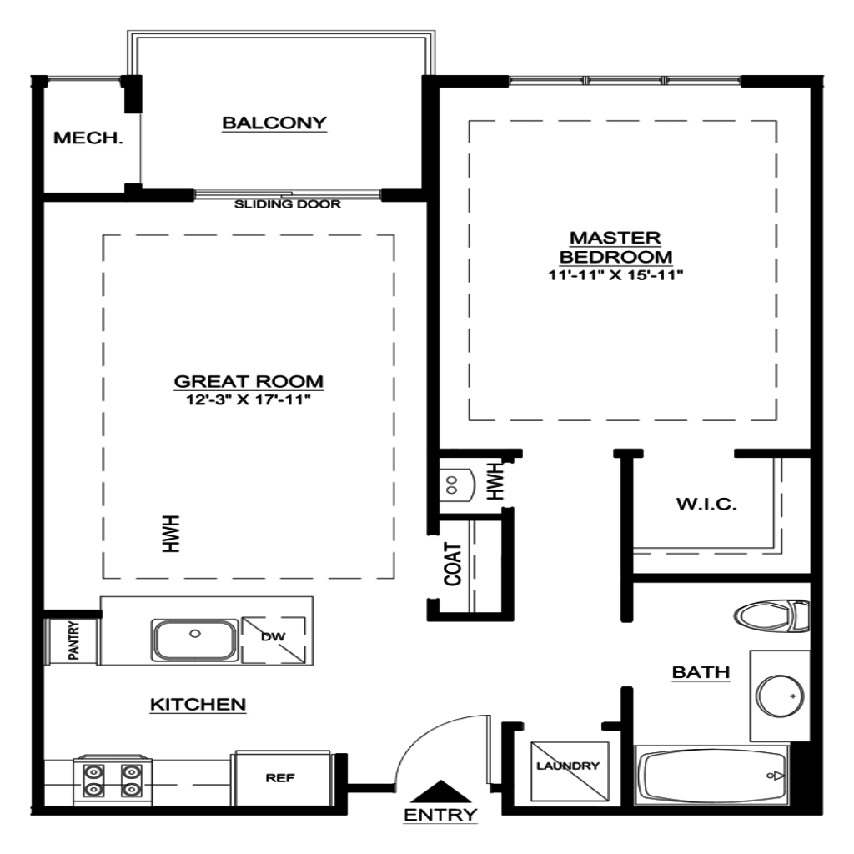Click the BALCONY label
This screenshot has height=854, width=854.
click(274, 123)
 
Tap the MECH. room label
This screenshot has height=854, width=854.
click(88, 138)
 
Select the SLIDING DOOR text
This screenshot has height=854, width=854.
click(288, 204)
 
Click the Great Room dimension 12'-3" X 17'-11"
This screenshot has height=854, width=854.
click(249, 399)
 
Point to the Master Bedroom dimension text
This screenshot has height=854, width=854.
click(615, 275)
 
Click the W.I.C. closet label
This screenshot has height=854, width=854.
click(706, 504)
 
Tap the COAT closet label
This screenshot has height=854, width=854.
click(453, 565)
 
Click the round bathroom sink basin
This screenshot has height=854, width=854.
click(780, 696)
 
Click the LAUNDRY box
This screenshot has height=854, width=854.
click(570, 771)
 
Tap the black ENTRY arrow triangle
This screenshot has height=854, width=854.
click(440, 791)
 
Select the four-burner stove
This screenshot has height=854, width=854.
click(113, 780)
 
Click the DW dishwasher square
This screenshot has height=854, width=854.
click(274, 640)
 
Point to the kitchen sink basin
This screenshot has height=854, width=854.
click(194, 640)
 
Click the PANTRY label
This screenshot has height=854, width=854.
click(73, 640)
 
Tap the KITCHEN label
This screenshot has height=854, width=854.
click(198, 704)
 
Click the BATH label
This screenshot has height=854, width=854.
click(701, 672)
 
